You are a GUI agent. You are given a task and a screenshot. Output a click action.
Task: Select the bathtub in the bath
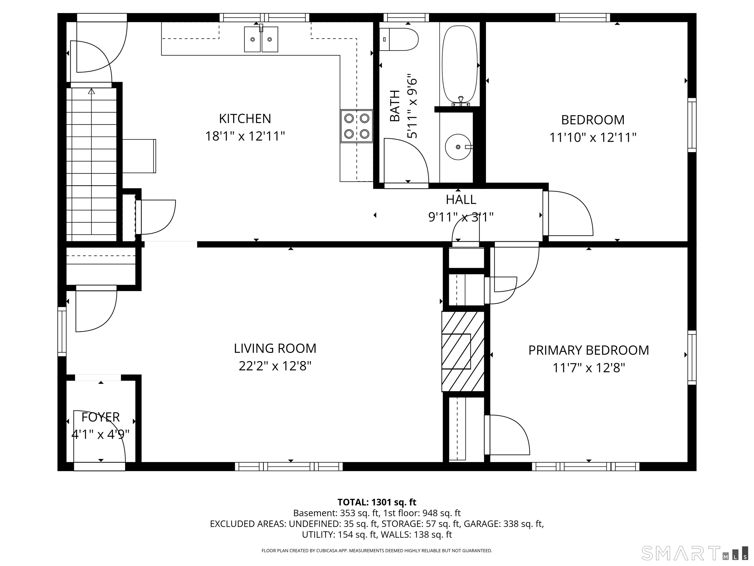click(x=460, y=65)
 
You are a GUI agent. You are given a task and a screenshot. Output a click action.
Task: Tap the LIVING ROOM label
click(x=275, y=348)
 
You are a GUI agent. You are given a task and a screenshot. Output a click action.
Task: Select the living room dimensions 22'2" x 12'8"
click(x=275, y=366)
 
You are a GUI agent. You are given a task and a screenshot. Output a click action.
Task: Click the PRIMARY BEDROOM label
click(x=589, y=350)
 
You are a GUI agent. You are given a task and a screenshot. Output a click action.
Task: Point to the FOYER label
click(x=101, y=417)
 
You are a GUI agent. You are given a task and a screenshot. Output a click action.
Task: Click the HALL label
click(x=461, y=199)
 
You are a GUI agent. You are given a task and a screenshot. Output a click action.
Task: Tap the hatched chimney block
click(x=463, y=351)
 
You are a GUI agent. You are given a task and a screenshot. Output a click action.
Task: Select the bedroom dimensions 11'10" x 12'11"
click(x=593, y=138)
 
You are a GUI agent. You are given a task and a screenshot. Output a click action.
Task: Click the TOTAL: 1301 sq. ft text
click(x=377, y=502)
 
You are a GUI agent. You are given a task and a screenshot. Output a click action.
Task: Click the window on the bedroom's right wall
click(x=692, y=125)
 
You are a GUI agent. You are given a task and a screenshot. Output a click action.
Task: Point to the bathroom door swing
click(x=406, y=160)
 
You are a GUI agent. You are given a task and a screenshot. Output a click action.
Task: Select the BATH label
click(x=395, y=106)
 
